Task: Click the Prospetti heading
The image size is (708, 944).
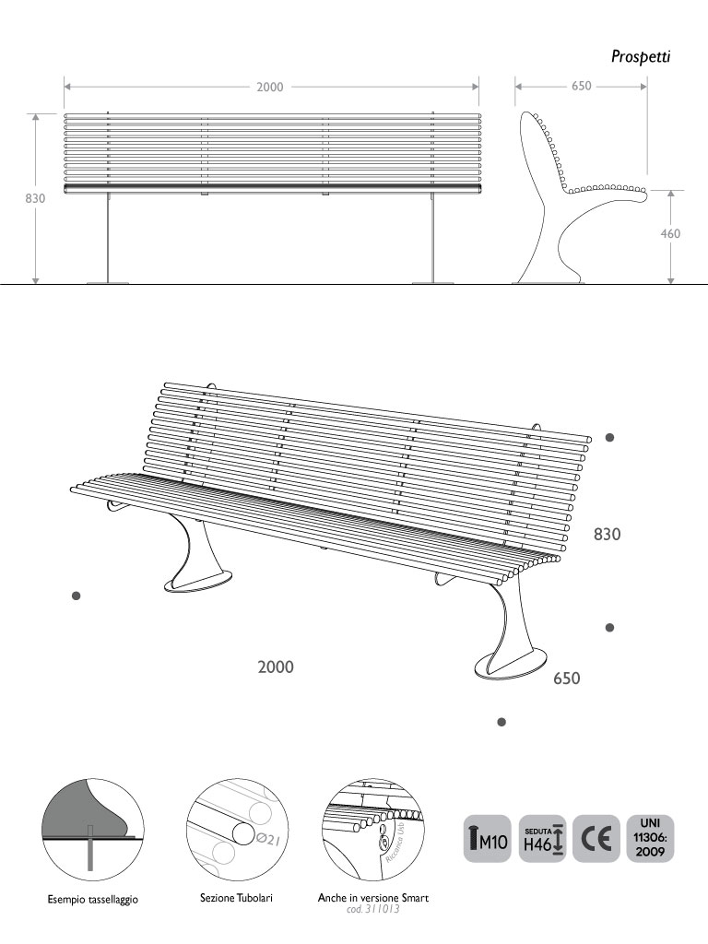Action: [641, 57]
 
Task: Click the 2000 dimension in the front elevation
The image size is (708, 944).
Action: [269, 87]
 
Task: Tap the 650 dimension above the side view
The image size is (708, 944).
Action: [581, 86]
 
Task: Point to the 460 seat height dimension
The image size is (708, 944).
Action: [671, 234]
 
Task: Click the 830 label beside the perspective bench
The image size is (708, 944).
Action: [608, 534]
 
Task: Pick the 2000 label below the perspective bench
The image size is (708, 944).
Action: [276, 667]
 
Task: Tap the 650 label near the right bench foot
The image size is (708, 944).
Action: [566, 679]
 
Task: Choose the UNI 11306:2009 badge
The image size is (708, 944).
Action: [650, 838]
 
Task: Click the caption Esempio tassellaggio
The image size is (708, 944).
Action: [93, 899]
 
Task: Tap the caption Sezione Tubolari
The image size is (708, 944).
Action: [236, 896]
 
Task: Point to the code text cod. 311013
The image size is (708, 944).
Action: [373, 908]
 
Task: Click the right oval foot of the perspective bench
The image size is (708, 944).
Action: [507, 665]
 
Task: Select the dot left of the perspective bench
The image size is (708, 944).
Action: [77, 596]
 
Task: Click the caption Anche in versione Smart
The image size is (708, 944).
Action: [373, 896]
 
